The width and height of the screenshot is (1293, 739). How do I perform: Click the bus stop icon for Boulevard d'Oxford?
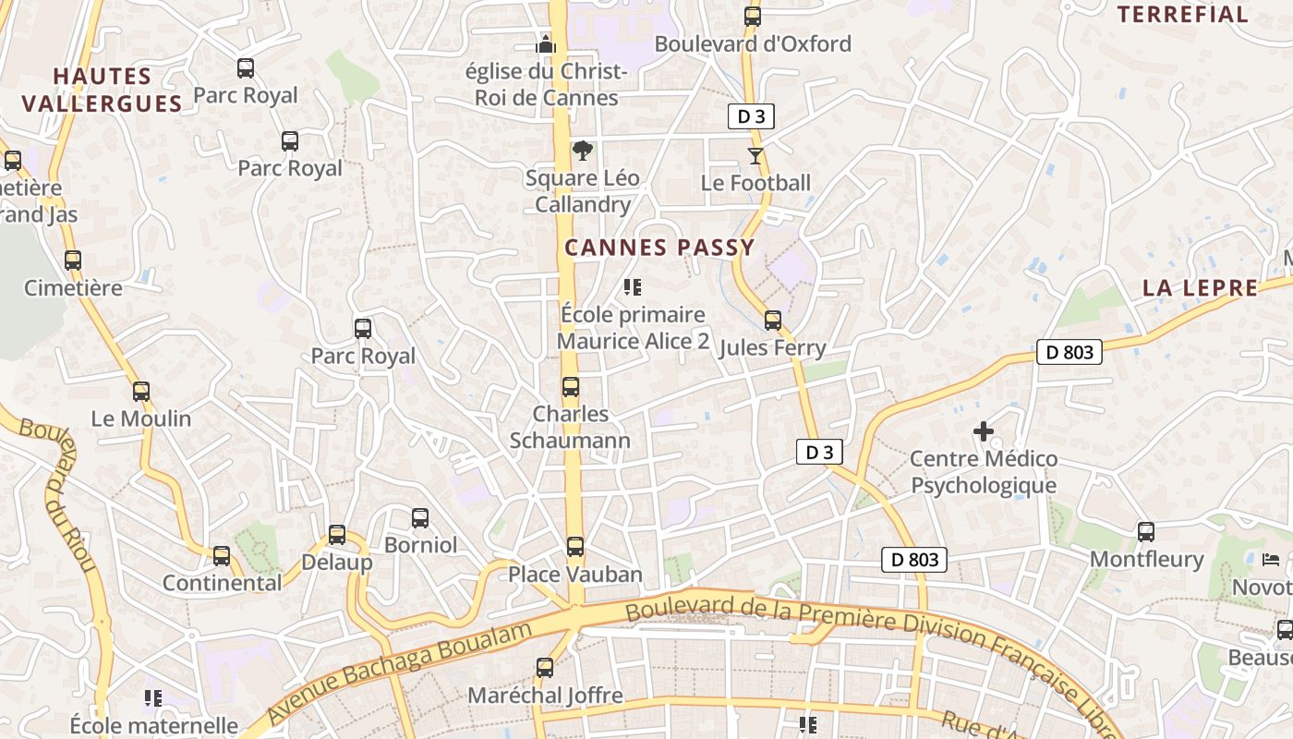pyautogui.click(x=753, y=16)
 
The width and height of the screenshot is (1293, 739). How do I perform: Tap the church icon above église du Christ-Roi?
pyautogui.click(x=546, y=43)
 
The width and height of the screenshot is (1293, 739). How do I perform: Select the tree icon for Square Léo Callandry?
pyautogui.click(x=582, y=151)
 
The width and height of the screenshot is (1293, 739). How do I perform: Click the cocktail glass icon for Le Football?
pyautogui.click(x=755, y=155)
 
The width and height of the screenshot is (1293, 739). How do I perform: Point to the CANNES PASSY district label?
pyautogui.click(x=659, y=248)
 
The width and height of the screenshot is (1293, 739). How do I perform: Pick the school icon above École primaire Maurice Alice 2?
pyautogui.click(x=633, y=287)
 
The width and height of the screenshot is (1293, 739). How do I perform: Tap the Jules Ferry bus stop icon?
pyautogui.click(x=773, y=321)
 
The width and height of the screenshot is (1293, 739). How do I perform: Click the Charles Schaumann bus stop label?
pyautogui.click(x=571, y=427)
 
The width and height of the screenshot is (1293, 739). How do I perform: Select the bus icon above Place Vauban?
pyautogui.click(x=575, y=547)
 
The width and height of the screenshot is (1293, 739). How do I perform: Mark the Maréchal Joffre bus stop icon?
pyautogui.click(x=545, y=667)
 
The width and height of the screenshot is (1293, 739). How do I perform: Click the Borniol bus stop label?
pyautogui.click(x=420, y=545)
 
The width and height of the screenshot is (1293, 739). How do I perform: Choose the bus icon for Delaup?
pyautogui.click(x=337, y=535)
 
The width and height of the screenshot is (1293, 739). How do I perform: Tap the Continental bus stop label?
pyautogui.click(x=222, y=583)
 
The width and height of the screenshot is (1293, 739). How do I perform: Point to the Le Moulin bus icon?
pyautogui.click(x=141, y=392)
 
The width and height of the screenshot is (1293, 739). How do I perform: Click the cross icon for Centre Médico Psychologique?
pyautogui.click(x=984, y=431)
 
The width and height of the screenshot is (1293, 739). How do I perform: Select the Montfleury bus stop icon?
pyautogui.click(x=1146, y=532)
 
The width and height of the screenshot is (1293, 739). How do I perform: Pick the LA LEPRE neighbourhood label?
pyautogui.click(x=1200, y=287)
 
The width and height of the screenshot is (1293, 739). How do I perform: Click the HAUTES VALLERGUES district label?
pyautogui.click(x=102, y=90)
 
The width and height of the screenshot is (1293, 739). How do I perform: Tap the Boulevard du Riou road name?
pyautogui.click(x=66, y=494)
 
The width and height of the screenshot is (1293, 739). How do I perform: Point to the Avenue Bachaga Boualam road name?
pyautogui.click(x=402, y=672)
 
